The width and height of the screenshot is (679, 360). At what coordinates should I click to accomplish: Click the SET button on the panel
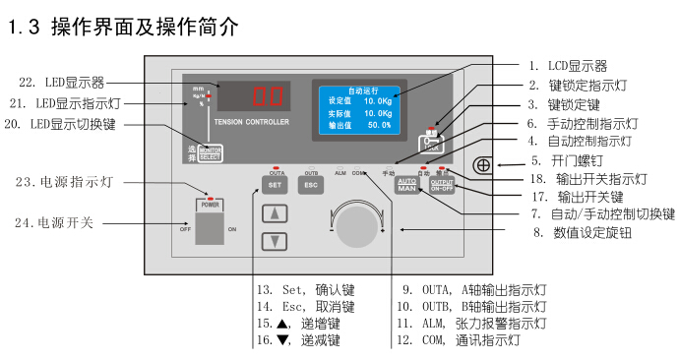(275, 184)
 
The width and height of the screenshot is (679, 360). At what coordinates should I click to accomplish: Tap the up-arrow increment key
(276, 213)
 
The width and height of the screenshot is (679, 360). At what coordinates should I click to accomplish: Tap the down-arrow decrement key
(276, 241)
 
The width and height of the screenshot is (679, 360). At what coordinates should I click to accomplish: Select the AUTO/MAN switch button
(407, 184)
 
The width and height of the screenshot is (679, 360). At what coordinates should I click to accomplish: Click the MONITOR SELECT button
(210, 153)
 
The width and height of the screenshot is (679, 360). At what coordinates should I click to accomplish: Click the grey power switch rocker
(210, 228)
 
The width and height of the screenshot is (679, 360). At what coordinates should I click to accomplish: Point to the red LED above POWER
(210, 195)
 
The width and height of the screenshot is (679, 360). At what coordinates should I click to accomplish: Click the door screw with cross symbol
(483, 164)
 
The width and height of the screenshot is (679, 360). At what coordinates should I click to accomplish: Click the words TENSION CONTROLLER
(250, 124)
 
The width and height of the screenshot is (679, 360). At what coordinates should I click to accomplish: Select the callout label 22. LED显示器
(61, 82)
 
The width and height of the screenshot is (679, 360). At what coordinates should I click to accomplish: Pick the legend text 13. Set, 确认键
(305, 290)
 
